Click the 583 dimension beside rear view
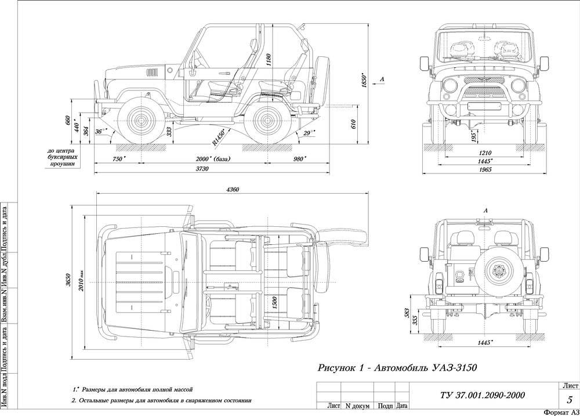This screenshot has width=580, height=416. point(408,313)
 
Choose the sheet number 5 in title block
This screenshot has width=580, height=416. point(570,399)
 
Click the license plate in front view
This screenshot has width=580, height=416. point(484,106)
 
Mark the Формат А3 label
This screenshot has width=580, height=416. point(561,411)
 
